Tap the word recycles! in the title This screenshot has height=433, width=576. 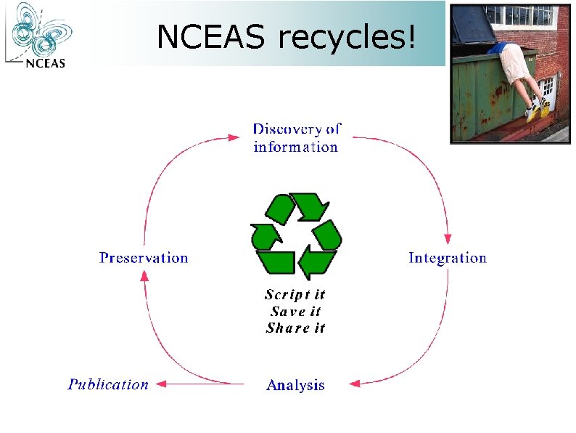coord(347,37)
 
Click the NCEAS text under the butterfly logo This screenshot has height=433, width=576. coord(45,62)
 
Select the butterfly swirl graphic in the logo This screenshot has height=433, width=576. coord(40,29)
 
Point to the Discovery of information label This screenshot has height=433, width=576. coord(296,138)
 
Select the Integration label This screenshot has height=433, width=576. coord(447,258)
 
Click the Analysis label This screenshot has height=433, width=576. coord(295,385)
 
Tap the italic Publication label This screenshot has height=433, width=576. coord(108,384)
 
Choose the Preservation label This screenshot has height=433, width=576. coord(143,258)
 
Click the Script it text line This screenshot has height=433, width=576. coord(295,294)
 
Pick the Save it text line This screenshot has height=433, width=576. coord(295,311)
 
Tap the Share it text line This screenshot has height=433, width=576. coord(295,328)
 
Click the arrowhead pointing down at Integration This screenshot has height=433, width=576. coord(448,238)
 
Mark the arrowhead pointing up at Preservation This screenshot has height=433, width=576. coord(144,277)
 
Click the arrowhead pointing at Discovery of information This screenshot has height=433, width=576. coord(234,136)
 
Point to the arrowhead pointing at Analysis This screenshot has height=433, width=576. coord(355,383)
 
